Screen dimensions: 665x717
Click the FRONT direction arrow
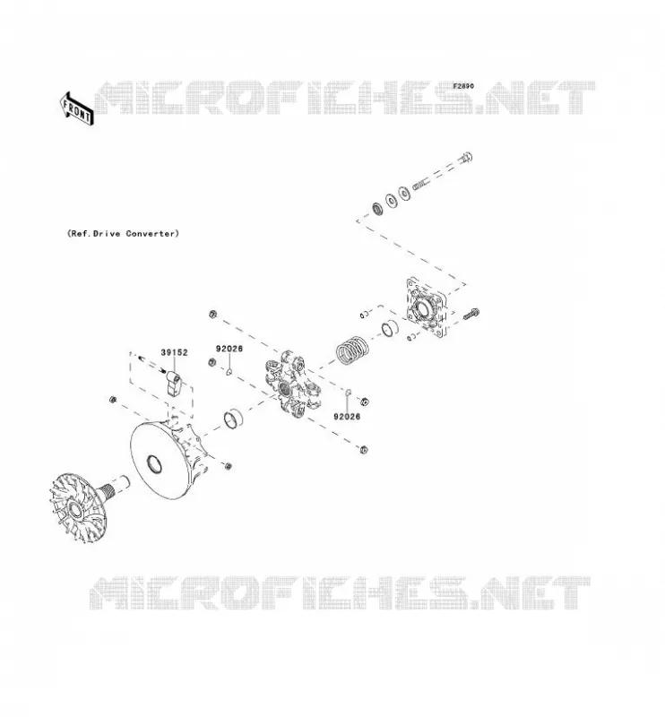click(77, 108)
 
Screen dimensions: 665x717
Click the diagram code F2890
click(463, 86)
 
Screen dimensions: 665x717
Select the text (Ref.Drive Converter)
click(123, 233)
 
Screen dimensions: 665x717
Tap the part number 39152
click(174, 352)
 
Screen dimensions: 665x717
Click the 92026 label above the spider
click(229, 349)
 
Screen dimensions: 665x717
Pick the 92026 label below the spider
click(347, 416)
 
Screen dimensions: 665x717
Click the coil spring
click(352, 350)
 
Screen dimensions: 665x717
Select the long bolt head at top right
click(465, 158)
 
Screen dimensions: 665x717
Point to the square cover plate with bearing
click(426, 307)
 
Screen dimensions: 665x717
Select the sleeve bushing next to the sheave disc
click(233, 419)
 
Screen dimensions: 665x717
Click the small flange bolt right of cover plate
click(471, 315)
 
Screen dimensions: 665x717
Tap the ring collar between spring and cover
click(390, 327)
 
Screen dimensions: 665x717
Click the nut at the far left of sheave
click(113, 400)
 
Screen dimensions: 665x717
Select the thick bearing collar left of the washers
click(378, 209)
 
